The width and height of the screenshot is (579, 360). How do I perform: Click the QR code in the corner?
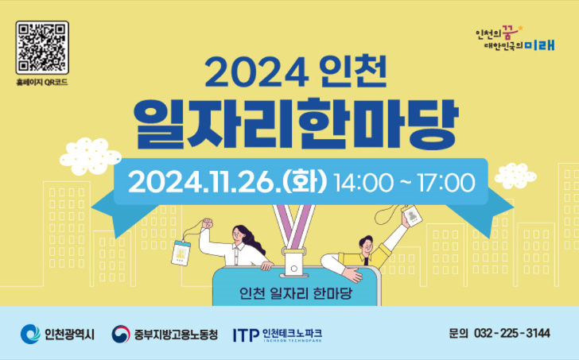pos(42,48)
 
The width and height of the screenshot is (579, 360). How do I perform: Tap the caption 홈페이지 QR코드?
pos(42,83)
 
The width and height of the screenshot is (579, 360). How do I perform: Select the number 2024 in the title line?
pos(257,72)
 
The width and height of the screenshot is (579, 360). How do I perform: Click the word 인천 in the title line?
pos(354,72)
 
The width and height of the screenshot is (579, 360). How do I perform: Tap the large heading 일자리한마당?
pos(297,124)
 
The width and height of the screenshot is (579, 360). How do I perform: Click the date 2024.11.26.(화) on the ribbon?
pos(227,182)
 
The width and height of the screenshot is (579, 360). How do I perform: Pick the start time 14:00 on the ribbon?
pos(363,183)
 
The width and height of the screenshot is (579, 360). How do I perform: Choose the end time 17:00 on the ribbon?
pos(445,183)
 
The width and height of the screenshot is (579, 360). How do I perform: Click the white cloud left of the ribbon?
pos(91,156)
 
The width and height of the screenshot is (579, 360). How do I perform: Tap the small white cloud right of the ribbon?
pos(515,176)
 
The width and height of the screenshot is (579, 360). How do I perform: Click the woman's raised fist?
pos(207,223)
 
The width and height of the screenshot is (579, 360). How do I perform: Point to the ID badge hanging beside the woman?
pos(181,252)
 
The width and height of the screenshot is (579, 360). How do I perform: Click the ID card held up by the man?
pos(412,215)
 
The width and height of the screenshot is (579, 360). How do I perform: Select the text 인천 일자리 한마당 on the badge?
pos(296,293)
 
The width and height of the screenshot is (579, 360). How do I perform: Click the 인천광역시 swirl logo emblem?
pos(30,335)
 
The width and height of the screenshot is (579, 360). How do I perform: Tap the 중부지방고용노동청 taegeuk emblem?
pos(121,335)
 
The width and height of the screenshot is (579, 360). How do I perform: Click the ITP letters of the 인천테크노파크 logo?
pos(246,335)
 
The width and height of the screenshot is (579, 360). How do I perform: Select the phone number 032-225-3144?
pos(512,334)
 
